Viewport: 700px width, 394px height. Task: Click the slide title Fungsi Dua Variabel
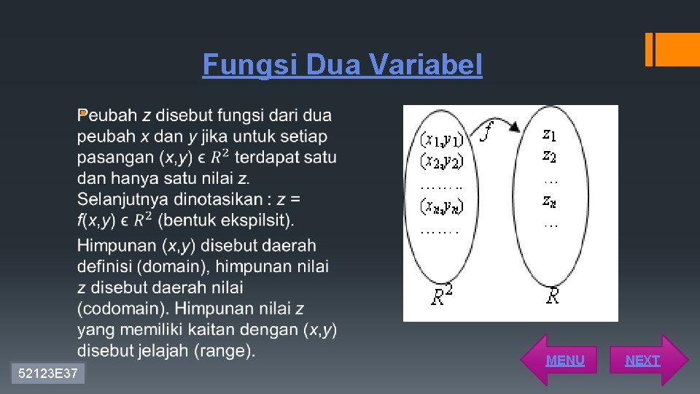[342, 65]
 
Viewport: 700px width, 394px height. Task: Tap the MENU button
[564, 360]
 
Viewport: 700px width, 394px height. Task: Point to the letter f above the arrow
[487, 132]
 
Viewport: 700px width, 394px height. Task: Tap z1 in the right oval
[550, 134]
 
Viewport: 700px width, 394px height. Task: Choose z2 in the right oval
[550, 155]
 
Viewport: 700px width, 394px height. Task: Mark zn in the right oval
[550, 199]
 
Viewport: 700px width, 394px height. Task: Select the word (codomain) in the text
[122, 309]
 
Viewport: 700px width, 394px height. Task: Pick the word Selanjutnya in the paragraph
[123, 198]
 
